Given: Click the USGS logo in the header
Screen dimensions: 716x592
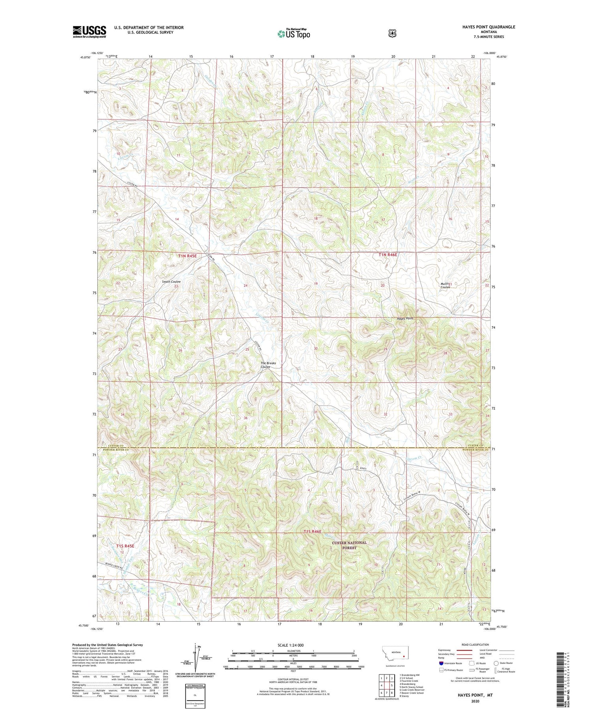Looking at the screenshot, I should (x=89, y=32).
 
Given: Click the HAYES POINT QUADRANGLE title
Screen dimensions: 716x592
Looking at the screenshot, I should (x=486, y=27).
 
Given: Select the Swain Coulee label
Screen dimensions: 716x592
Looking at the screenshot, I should (x=171, y=282).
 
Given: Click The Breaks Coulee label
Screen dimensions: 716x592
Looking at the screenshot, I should (x=268, y=365).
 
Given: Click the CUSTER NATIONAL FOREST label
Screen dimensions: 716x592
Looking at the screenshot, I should (x=349, y=545).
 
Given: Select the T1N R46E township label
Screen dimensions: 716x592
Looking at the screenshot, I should (x=388, y=255).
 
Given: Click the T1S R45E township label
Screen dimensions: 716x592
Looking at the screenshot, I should (x=125, y=546).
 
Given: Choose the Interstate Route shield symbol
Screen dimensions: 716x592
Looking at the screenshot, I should (x=441, y=663).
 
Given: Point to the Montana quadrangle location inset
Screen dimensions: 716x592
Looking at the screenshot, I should (x=395, y=654).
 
